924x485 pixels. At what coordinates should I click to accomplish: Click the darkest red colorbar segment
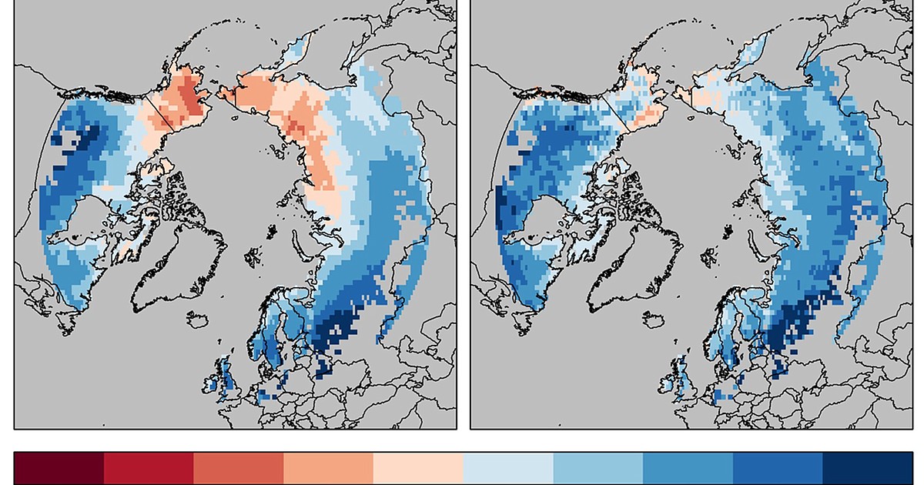59,468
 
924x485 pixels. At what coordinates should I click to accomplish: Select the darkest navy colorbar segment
868,468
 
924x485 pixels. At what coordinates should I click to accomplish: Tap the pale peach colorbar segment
418,468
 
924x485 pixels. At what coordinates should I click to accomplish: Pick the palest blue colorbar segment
508,468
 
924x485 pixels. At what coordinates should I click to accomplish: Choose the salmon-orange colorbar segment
328,468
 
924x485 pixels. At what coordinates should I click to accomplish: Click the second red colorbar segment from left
149,468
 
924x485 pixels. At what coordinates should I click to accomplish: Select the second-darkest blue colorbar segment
778,468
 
